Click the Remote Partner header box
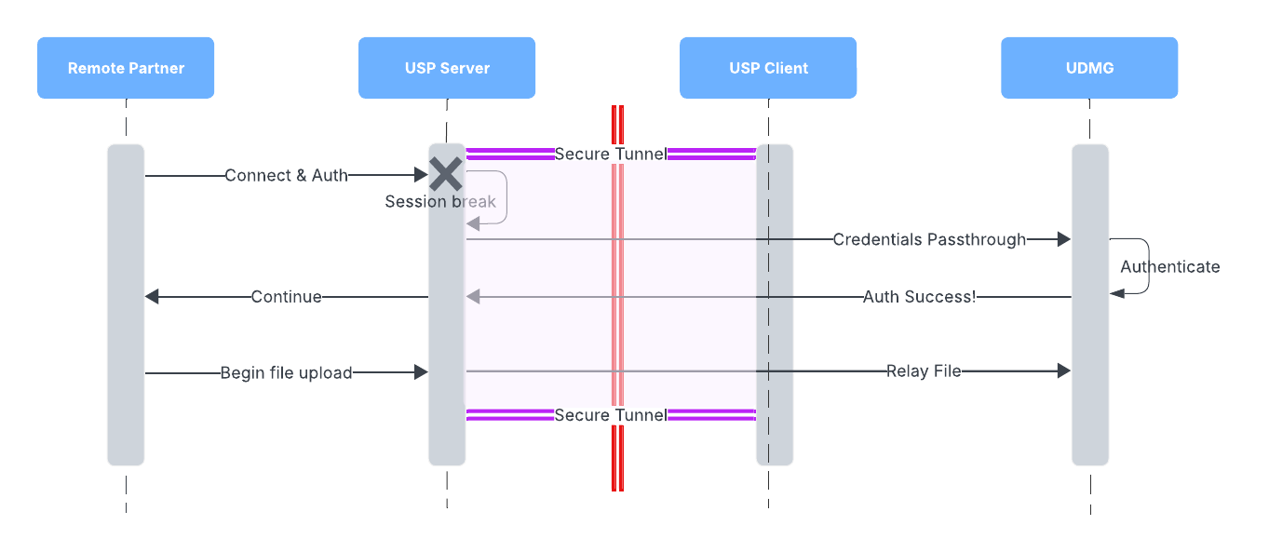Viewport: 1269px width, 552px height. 126,68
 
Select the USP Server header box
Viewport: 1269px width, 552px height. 447,68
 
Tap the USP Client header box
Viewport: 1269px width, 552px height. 768,68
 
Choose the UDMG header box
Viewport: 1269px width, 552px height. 1089,68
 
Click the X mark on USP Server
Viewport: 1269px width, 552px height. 446,174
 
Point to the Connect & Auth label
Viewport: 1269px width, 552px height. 286,175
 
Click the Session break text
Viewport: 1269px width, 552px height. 440,201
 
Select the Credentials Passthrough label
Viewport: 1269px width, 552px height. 929,239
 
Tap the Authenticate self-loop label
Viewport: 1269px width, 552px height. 1169,266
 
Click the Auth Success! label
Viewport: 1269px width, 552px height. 919,297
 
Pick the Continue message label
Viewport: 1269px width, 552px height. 286,297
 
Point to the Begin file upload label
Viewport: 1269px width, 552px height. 286,372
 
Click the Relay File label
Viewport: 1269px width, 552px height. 923,370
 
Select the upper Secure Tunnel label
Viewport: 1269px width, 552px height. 610,154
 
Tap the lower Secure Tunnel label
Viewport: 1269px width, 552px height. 610,414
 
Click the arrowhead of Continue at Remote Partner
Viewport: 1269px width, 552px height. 153,297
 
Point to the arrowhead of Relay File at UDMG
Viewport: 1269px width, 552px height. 1063,370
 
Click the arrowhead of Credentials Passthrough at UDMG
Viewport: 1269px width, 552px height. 1063,239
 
